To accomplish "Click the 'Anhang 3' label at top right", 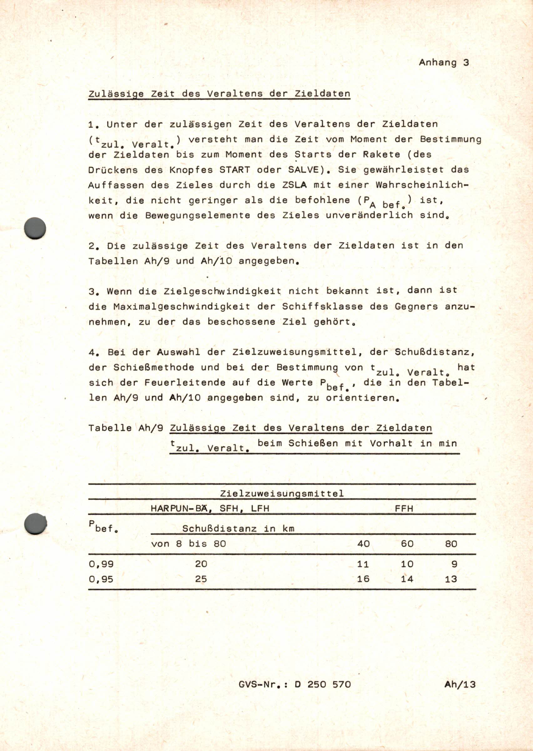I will point(444,63).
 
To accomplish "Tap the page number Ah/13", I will point(460,684).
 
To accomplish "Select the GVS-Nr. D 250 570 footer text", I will point(295,684).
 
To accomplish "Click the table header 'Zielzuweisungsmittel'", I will point(282,493).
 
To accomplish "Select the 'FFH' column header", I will point(404,509).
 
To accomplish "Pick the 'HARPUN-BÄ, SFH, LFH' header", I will point(210,509).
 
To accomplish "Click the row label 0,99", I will point(101,564).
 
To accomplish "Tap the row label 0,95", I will point(101,579).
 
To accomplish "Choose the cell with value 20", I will point(201,564).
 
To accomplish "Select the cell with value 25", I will point(201,579).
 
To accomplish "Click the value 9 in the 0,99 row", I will point(454,564).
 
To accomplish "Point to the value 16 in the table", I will point(363,579).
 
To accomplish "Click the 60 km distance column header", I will point(407,544).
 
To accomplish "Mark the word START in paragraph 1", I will point(234,170).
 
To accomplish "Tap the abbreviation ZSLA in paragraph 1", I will point(294,185).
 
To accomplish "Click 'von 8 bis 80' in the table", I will point(188,544).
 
